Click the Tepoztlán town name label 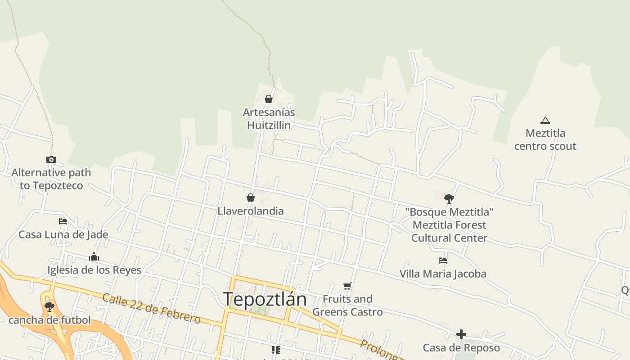[x=265, y=299]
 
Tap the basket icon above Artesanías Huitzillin [x=269, y=99]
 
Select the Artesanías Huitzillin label [x=269, y=119]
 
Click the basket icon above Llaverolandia [x=251, y=198]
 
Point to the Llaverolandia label [x=251, y=211]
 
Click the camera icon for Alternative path [x=51, y=159]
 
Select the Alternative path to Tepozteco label [x=51, y=179]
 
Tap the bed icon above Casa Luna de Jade [x=63, y=221]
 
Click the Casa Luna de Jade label [x=63, y=234]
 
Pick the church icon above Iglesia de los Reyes [x=94, y=257]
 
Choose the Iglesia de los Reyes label [x=94, y=270]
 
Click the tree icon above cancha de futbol [x=49, y=307]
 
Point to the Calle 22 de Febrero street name [x=151, y=309]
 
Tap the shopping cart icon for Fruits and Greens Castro [x=347, y=286]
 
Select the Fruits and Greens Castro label [x=347, y=306]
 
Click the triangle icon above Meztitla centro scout [x=545, y=120]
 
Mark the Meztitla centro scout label [x=545, y=139]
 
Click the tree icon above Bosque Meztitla [x=449, y=198]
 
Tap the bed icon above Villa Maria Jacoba [x=443, y=261]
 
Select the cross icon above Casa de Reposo [x=461, y=334]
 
